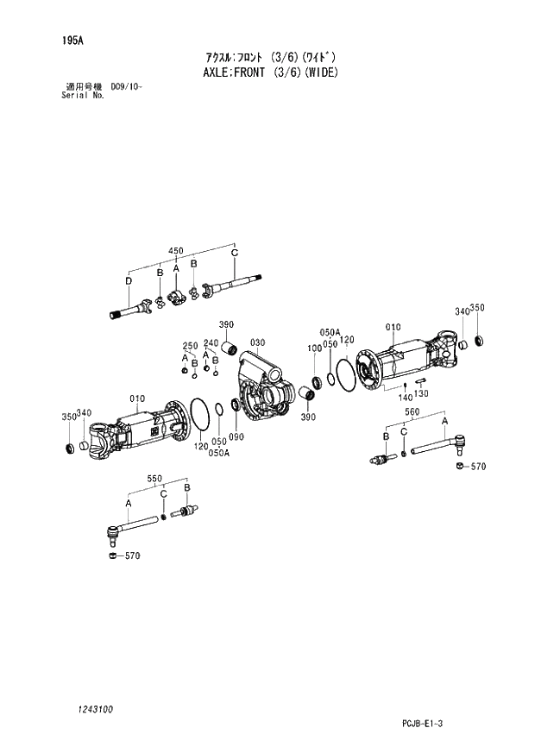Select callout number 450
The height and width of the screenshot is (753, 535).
[175, 251]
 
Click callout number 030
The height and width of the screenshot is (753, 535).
[255, 342]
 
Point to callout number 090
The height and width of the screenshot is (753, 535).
[236, 436]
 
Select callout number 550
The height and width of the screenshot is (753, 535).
[154, 477]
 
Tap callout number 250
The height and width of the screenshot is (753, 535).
[189, 346]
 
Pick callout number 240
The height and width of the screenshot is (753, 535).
[210, 342]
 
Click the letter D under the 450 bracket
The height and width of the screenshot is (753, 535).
[128, 281]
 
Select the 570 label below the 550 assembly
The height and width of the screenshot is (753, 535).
[131, 555]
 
